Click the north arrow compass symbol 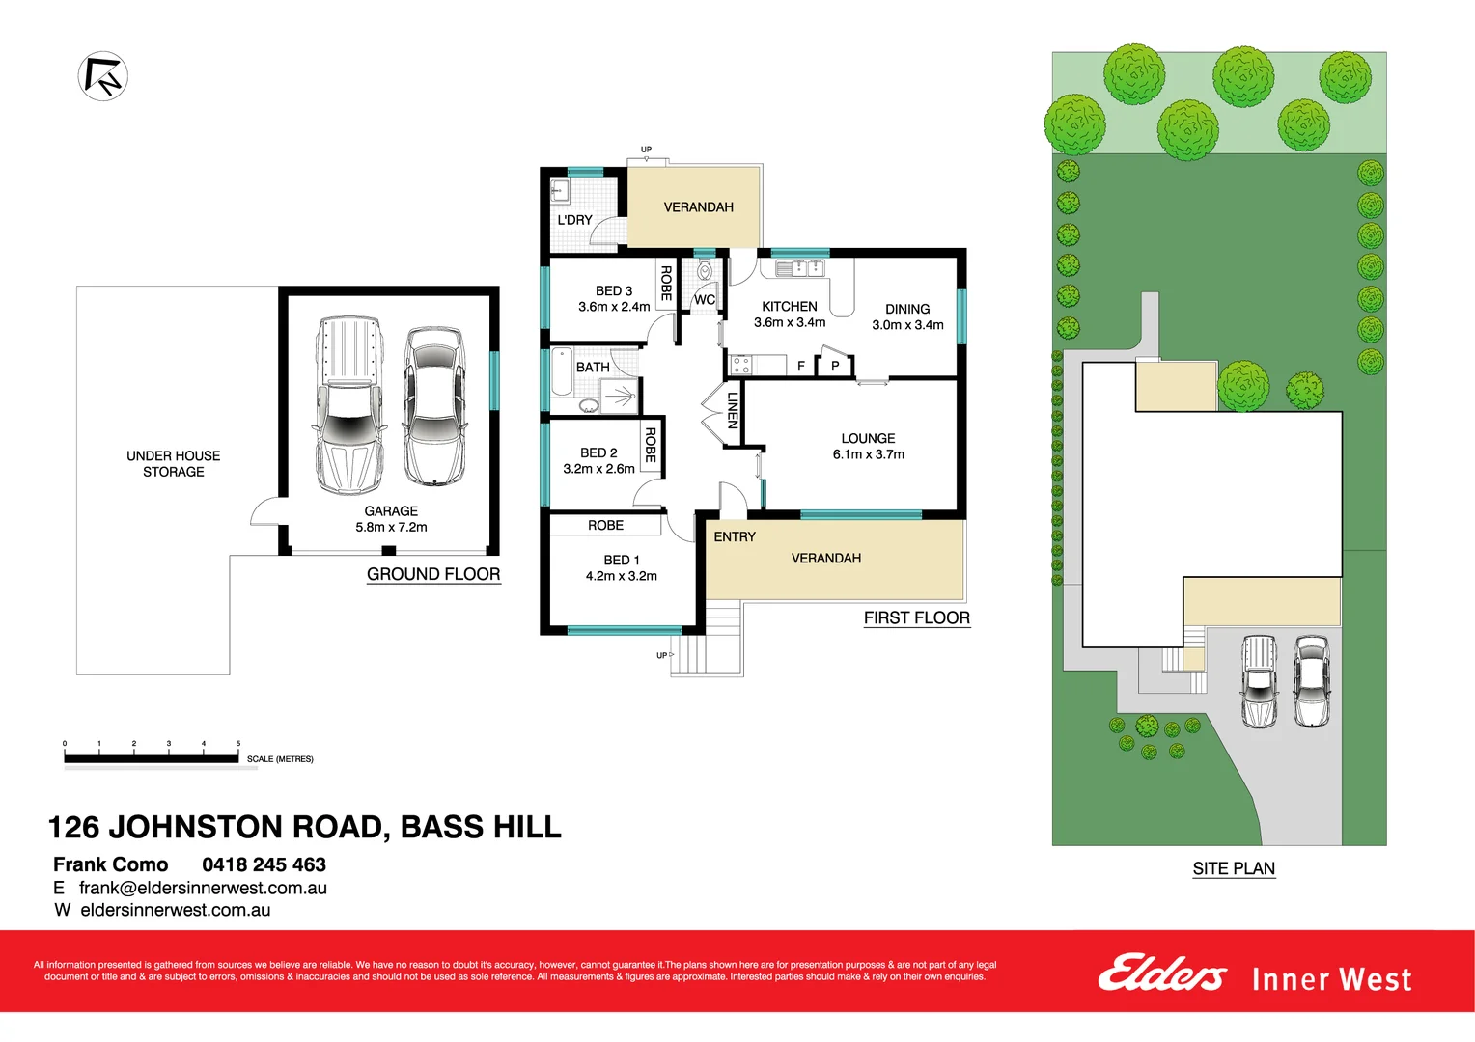102,76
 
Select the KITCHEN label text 789,307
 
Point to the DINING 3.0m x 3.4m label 907,316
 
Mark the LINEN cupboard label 733,410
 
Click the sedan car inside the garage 433,405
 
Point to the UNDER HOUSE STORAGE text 174,463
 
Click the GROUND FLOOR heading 433,574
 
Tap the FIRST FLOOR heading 916,617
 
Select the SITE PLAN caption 1234,868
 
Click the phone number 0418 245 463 264,864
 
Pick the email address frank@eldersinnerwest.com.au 203,888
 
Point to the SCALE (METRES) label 280,759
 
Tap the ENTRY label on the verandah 735,536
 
